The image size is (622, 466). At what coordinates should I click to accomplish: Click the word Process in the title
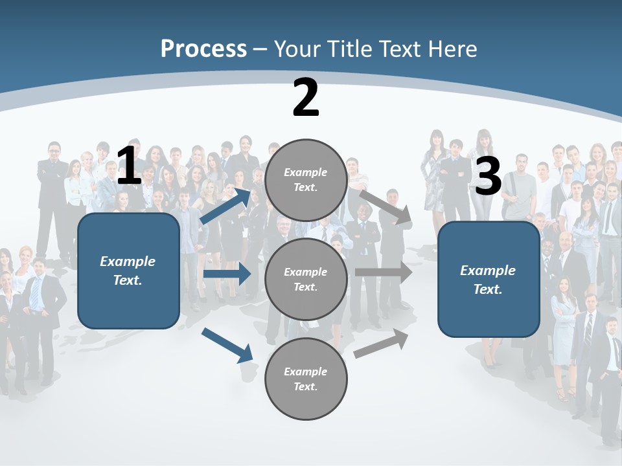coord(203,49)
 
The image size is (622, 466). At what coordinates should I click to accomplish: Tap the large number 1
coord(128,166)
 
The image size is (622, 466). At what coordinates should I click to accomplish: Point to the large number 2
coord(306,98)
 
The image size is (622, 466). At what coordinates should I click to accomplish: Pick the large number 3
coord(488,176)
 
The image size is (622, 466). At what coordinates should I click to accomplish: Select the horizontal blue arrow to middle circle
coord(227,274)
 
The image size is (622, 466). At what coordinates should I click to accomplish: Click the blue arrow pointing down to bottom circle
coord(227,345)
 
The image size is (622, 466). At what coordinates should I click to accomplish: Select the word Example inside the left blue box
coord(128,261)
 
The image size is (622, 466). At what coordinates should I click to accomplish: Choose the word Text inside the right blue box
coord(488,289)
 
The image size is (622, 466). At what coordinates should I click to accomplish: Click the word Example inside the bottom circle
coord(305,372)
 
